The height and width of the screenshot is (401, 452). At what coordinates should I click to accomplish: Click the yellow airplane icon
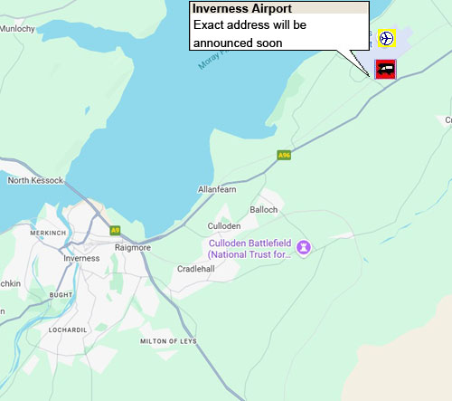(x=386, y=38)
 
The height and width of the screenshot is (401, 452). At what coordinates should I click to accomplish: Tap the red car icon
(x=386, y=69)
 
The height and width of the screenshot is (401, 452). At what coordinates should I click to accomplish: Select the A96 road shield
(x=284, y=156)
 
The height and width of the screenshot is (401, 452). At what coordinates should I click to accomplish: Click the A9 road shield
(x=115, y=230)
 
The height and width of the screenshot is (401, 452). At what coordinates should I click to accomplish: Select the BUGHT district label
(x=61, y=295)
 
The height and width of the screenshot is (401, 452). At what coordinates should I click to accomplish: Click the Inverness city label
(x=82, y=258)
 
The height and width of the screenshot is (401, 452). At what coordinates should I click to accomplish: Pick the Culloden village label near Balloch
(x=224, y=225)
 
